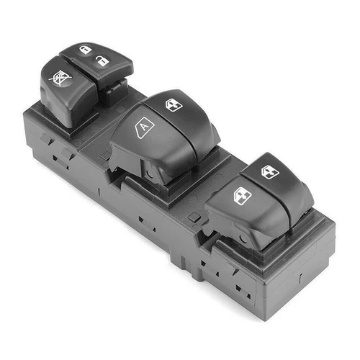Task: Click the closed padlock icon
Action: click(x=84, y=50)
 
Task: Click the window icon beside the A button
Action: click(x=174, y=105)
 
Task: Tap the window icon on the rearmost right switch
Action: click(x=269, y=171)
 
